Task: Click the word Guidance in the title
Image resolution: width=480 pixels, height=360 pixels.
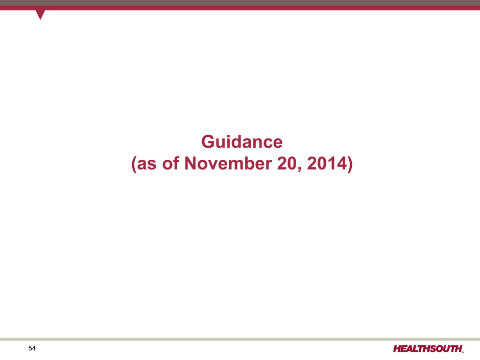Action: point(242,142)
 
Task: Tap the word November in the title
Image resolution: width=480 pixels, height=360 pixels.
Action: point(228,163)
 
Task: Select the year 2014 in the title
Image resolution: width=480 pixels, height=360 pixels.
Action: point(327,163)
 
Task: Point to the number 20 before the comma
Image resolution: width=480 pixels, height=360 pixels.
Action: point(287,163)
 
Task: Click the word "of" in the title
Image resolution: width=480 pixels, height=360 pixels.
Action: point(171,163)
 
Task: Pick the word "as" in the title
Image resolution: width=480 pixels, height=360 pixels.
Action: point(147,164)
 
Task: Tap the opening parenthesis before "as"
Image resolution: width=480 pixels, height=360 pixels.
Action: point(134,164)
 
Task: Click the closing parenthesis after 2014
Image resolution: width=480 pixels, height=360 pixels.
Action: point(350,164)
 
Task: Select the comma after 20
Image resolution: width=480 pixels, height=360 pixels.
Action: point(300,170)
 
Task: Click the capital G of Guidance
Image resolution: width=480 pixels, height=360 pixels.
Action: point(208,142)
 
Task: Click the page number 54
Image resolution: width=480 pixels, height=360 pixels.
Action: point(32,348)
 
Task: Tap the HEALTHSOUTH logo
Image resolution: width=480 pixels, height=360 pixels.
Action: point(428,349)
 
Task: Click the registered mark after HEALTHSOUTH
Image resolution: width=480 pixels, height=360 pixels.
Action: point(463,352)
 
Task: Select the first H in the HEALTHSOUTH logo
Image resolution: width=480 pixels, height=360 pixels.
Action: point(397,349)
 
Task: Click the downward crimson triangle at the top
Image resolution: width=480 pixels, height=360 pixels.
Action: point(40,14)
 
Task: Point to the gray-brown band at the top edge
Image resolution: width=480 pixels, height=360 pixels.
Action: point(240,3)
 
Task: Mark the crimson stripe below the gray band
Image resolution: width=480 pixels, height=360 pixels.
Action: point(240,8)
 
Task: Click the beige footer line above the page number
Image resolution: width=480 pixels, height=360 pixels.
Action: point(240,339)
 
